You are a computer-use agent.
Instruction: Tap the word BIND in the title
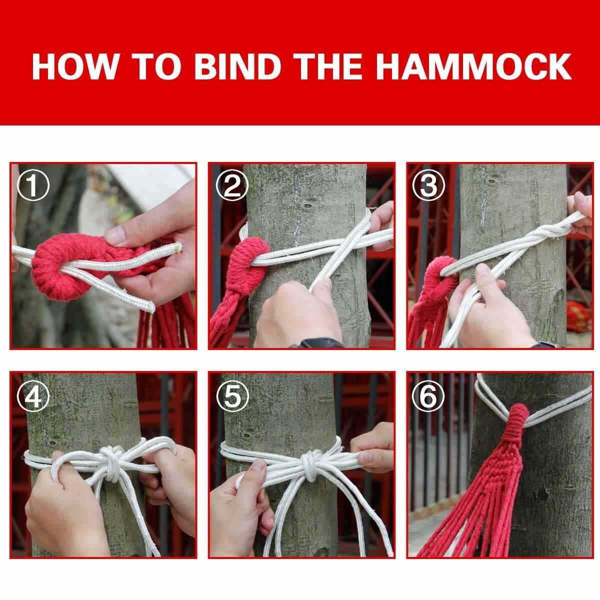click(236, 66)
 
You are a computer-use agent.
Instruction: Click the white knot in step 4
click(111, 461)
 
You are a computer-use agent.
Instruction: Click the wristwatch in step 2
click(320, 343)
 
